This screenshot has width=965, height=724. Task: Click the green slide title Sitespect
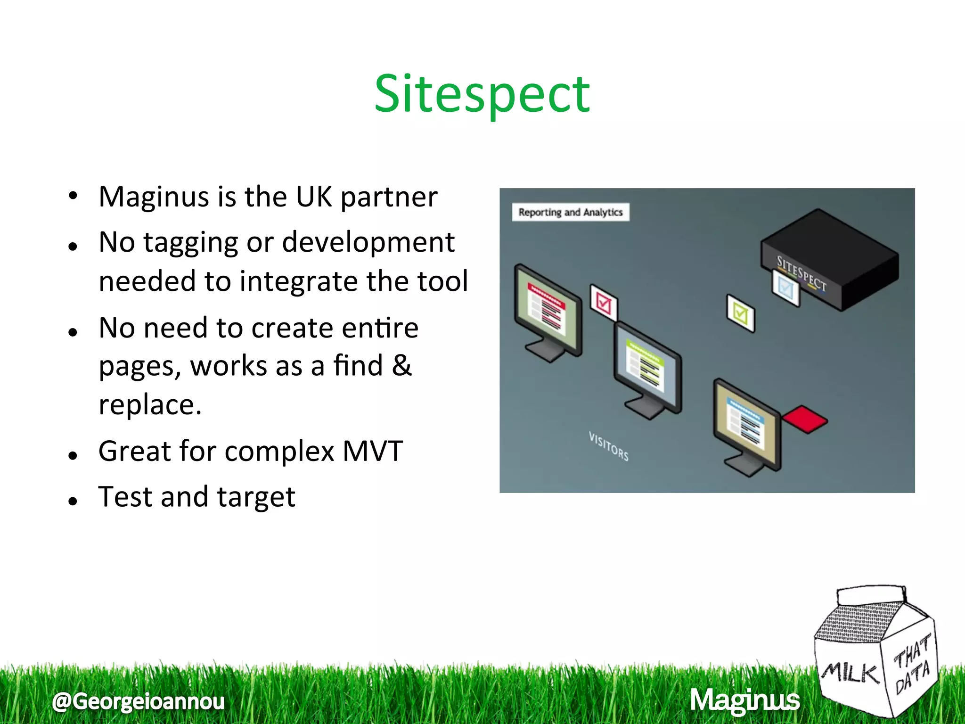[482, 94]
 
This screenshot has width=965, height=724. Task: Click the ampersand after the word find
[401, 366]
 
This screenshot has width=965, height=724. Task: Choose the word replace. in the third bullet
[150, 405]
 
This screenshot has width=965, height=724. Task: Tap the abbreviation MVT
[372, 451]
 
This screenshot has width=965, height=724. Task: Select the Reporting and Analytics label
[570, 212]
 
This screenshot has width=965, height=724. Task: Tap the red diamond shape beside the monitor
[805, 419]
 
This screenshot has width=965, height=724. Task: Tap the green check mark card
[740, 313]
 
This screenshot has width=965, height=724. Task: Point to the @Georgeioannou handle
[139, 701]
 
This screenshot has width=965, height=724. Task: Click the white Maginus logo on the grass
[744, 700]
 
